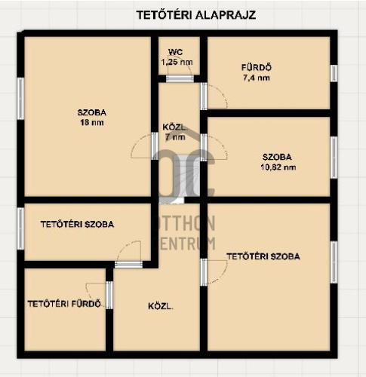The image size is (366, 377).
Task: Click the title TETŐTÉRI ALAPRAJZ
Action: click(196, 15)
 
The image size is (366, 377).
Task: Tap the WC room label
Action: click(176, 52)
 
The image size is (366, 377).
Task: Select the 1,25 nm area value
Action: click(177, 62)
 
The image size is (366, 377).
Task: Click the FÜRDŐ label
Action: click(257, 67)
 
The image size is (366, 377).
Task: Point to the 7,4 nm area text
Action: click(257, 78)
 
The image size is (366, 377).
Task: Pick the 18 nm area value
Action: click(92, 122)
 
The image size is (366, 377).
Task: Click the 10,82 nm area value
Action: click(278, 167)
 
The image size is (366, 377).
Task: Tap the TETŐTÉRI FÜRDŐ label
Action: click(64, 304)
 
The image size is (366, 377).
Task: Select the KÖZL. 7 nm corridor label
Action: click(175, 132)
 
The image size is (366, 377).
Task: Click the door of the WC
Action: click(180, 78)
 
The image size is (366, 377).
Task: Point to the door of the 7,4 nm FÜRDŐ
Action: click(204, 97)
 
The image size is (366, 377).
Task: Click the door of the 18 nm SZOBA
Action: click(155, 146)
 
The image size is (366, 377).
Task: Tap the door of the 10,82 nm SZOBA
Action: click(204, 147)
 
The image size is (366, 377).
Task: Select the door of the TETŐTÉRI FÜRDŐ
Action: click(109, 296)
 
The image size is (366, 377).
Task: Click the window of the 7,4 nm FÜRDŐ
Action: click(334, 73)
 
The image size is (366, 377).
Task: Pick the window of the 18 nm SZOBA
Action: click(20, 99)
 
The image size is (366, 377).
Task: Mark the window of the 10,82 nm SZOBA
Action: click(334, 158)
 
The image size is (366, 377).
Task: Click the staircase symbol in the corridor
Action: click(179, 176)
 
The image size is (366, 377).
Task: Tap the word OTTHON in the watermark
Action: click(183, 223)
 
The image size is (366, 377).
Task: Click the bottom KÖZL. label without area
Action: click(161, 306)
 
